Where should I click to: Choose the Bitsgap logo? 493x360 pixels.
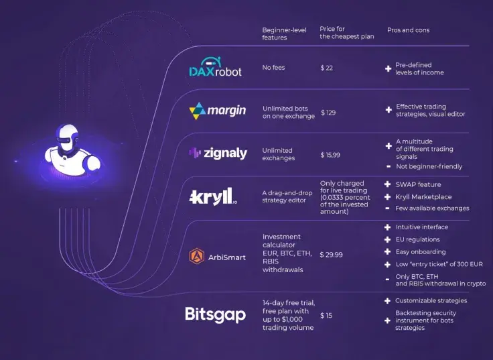pos(215,314)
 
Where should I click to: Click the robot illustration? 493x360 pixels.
pos(70,152)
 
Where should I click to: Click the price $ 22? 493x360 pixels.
pos(327,68)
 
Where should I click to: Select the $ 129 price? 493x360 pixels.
pos(328,112)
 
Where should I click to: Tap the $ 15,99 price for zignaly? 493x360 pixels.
pos(330,154)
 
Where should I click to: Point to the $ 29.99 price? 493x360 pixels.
pos(331,255)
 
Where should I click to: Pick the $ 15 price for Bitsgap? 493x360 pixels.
pos(326,315)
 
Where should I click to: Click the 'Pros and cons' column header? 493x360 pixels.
pos(408,30)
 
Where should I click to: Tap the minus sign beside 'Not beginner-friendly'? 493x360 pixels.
pos(389,166)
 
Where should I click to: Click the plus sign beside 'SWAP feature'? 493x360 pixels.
pos(388,184)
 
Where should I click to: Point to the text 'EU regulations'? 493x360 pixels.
pos(417,239)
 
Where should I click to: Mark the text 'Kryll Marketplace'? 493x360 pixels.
pos(423,197)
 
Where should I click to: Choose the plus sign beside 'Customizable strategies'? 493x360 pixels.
pos(387,301)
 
